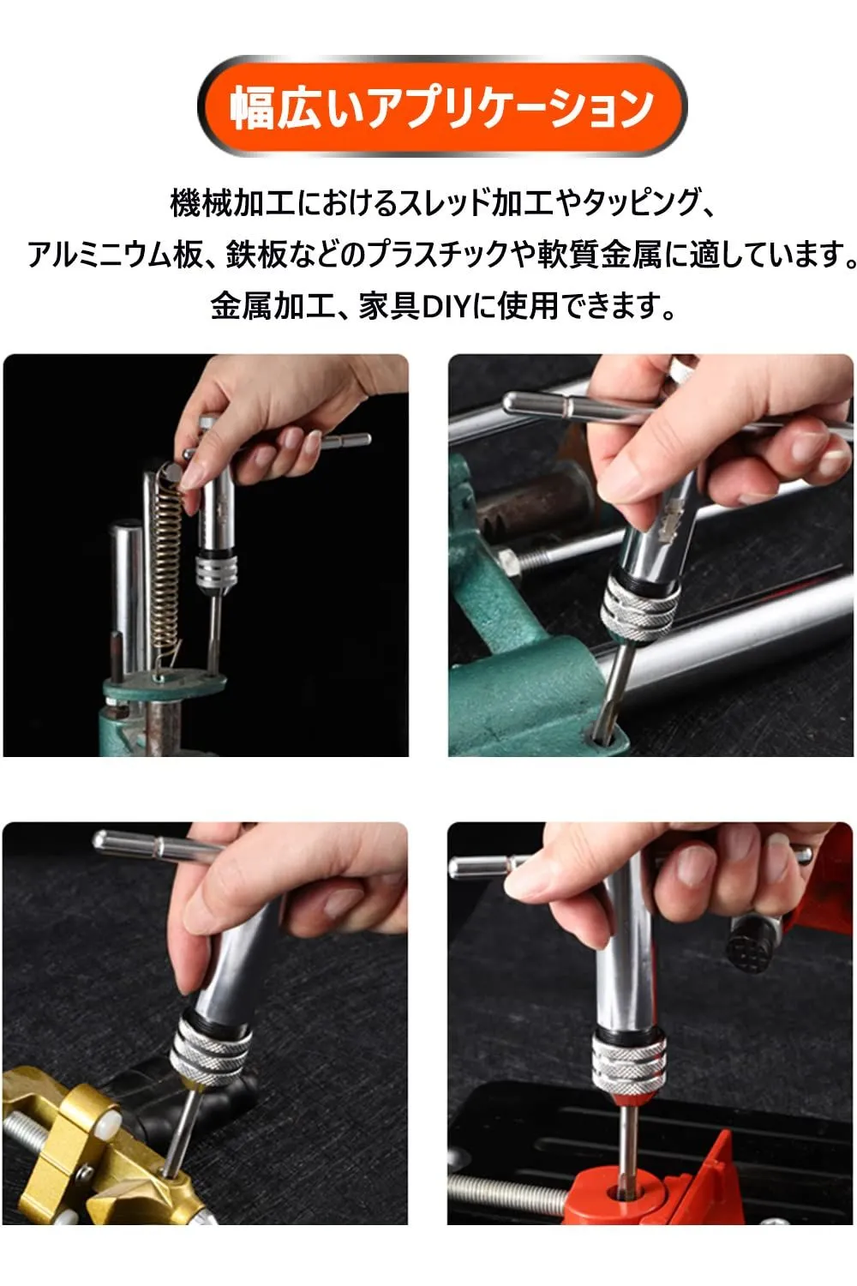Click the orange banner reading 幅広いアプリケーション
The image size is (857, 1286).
441,106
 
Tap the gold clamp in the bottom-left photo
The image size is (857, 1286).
86,1171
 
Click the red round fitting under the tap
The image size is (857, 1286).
626,1194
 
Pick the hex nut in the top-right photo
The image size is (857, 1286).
509,562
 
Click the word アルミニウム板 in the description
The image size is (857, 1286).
115,255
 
